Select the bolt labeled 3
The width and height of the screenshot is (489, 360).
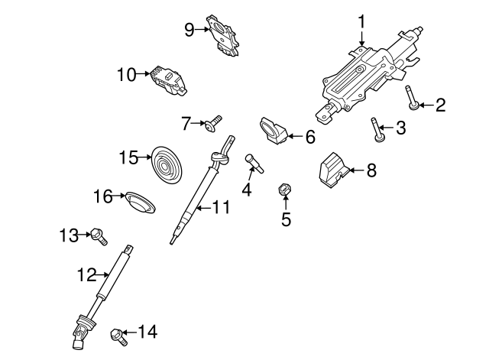[376, 130]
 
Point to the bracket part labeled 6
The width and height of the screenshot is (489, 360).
[274, 131]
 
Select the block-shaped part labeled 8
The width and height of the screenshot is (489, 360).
[333, 169]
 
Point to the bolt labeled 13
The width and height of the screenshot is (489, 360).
[98, 236]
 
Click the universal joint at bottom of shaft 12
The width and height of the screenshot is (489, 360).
[79, 329]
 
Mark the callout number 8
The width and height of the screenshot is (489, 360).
[371, 170]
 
